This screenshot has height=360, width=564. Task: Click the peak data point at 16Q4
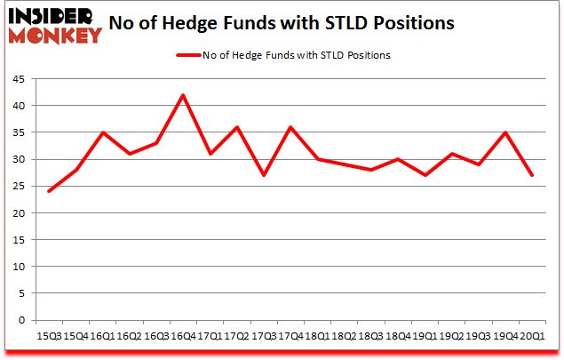[x=182, y=95]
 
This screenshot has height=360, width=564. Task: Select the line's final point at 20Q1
[x=531, y=175]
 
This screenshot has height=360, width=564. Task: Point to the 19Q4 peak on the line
[x=504, y=132]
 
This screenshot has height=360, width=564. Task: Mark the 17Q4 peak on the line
[x=290, y=127]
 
